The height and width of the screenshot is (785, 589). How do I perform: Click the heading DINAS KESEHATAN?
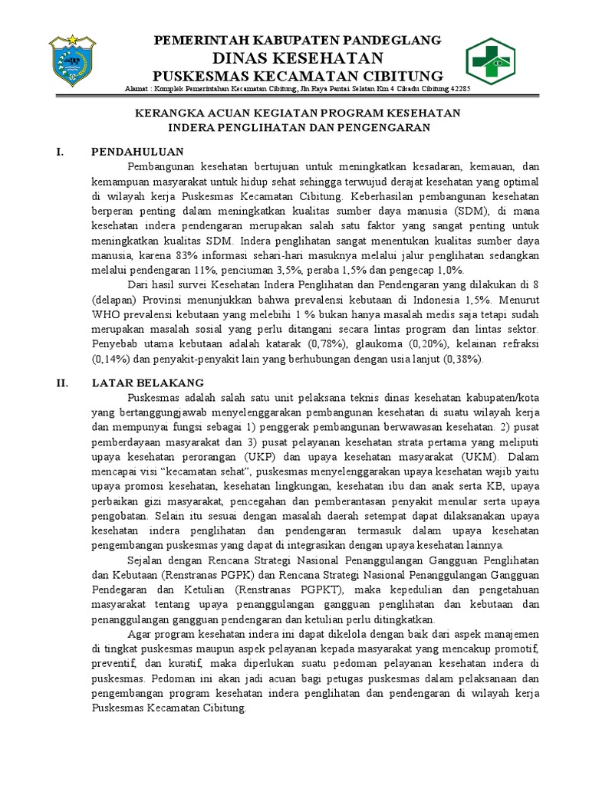coord(298,58)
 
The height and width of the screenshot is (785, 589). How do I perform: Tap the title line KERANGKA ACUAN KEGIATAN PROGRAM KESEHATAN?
coord(298,113)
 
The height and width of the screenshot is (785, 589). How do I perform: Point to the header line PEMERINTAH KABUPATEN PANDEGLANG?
coord(298,40)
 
